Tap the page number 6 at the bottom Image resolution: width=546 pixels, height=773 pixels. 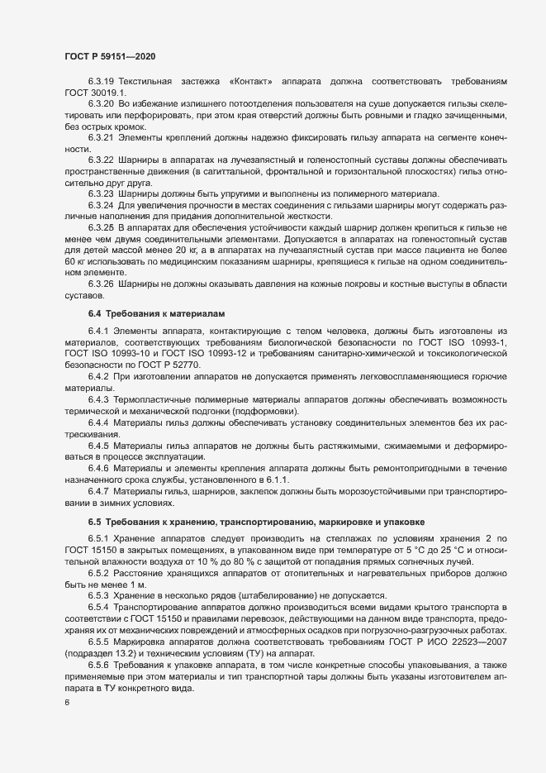click(67, 704)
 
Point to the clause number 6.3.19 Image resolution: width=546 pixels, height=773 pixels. click(102, 82)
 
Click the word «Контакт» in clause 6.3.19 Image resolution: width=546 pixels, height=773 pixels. click(252, 82)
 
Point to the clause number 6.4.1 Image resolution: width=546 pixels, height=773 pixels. click(99, 308)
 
